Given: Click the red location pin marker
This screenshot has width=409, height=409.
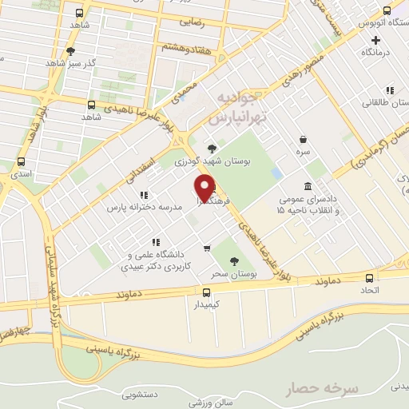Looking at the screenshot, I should pos(204,186).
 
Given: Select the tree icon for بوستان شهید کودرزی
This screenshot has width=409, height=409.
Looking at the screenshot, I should pos(211,148).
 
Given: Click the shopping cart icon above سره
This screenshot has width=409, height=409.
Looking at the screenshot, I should pos(303,138).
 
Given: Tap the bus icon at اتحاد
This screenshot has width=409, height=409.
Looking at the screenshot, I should pos(368,279).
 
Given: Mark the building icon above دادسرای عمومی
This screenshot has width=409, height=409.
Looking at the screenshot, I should pos(308,186).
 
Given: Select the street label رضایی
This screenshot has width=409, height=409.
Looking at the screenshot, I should pos(192,25).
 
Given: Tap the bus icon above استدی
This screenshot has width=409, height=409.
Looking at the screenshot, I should pos(20,160).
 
